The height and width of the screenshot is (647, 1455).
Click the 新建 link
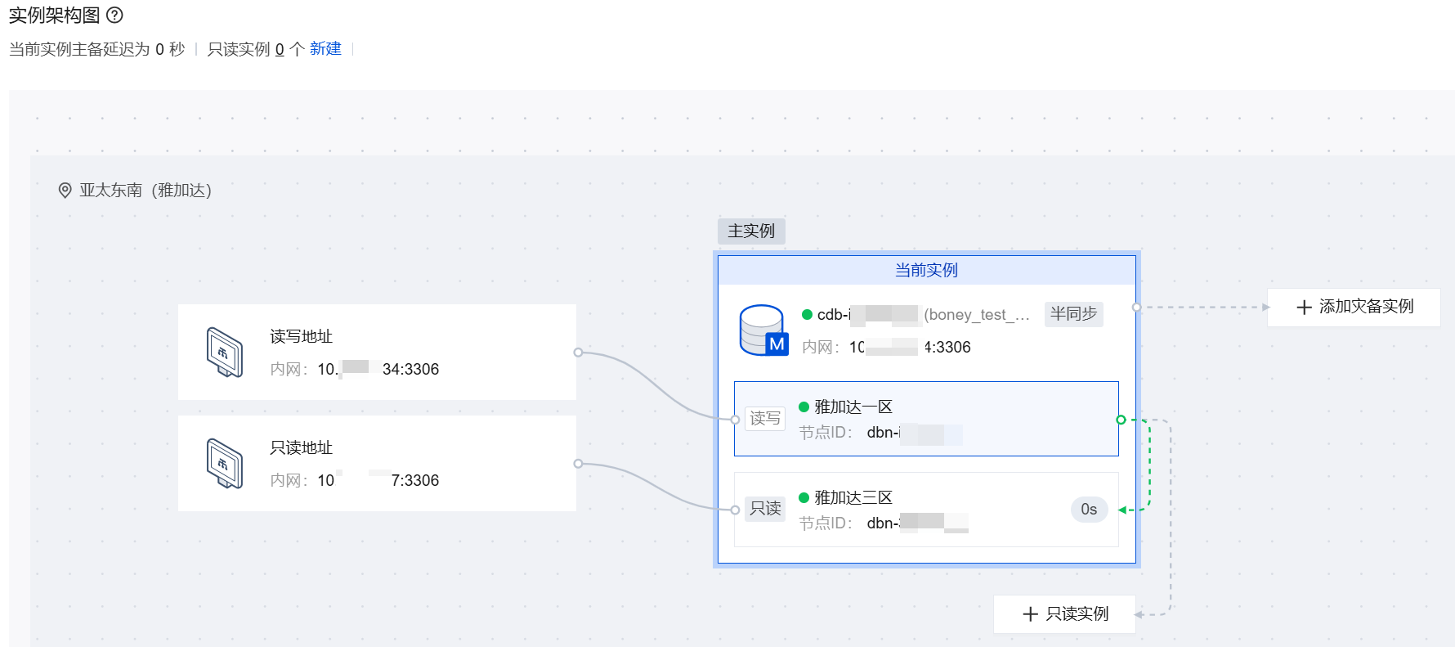click(x=325, y=49)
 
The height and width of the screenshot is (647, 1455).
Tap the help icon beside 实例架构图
click(x=115, y=15)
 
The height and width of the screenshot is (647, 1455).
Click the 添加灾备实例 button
click(x=1354, y=307)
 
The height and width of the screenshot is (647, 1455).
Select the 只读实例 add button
click(x=1065, y=614)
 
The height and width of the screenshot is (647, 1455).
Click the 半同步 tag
click(x=1073, y=314)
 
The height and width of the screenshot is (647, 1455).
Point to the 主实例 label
click(x=751, y=231)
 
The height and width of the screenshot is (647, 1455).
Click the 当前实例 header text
click(x=926, y=270)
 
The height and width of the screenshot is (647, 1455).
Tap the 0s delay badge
click(x=1089, y=510)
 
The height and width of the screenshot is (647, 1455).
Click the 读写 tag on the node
click(x=765, y=419)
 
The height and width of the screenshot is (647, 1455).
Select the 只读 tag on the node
click(x=765, y=509)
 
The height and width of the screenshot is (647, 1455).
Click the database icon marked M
click(x=763, y=330)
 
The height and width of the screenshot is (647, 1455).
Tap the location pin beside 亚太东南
click(x=65, y=191)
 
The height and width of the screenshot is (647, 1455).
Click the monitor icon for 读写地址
click(x=225, y=353)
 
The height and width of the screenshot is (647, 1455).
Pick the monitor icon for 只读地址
click(x=225, y=464)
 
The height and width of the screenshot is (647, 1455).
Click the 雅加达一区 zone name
click(x=853, y=407)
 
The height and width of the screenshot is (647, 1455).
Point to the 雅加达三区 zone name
click(x=853, y=497)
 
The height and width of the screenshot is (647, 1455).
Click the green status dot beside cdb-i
click(x=807, y=315)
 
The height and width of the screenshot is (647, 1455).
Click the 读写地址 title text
click(x=301, y=336)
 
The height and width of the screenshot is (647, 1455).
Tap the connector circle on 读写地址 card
click(x=578, y=353)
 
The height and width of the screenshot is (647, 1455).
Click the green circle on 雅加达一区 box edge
click(x=1121, y=420)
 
